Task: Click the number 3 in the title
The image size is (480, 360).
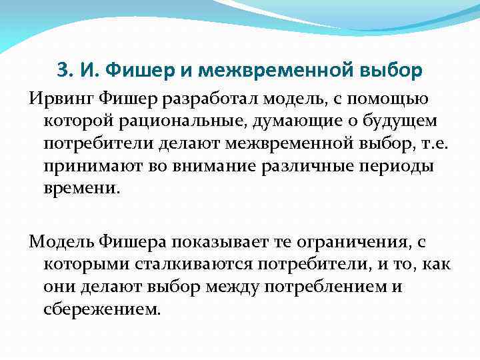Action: (x=63, y=69)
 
